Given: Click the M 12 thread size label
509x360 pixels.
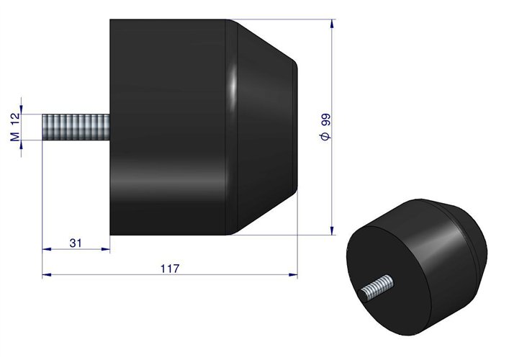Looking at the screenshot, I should point(14,127).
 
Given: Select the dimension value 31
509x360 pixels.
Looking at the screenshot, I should point(75,243).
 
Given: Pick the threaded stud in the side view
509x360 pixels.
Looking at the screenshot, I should point(76,127).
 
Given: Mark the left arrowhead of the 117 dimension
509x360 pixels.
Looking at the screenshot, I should point(46,274).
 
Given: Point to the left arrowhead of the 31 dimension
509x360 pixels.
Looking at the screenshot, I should point(46,249).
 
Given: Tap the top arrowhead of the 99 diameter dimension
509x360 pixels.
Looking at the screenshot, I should point(332,24).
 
